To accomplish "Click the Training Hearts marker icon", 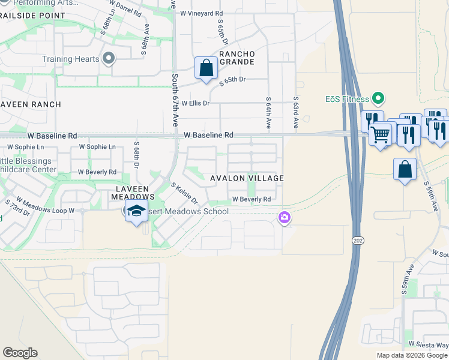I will [109, 58].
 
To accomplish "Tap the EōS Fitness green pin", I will [378, 97].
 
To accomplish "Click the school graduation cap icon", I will [136, 211].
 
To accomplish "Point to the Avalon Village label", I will [246, 178].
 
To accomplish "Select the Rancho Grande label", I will [237, 58].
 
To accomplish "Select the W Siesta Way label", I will [429, 344].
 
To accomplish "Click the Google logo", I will [20, 353].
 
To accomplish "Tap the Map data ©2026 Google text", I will [411, 355].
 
